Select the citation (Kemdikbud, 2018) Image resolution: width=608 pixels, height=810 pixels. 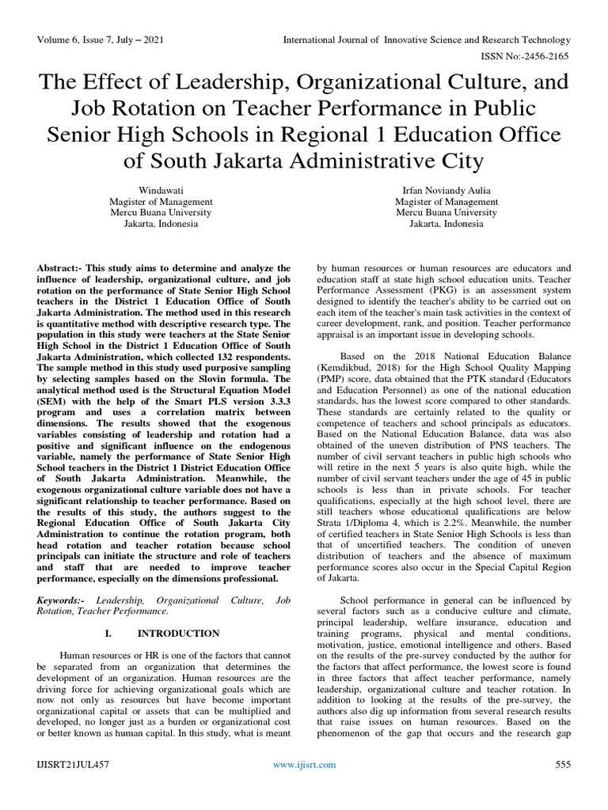tap(355, 369)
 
